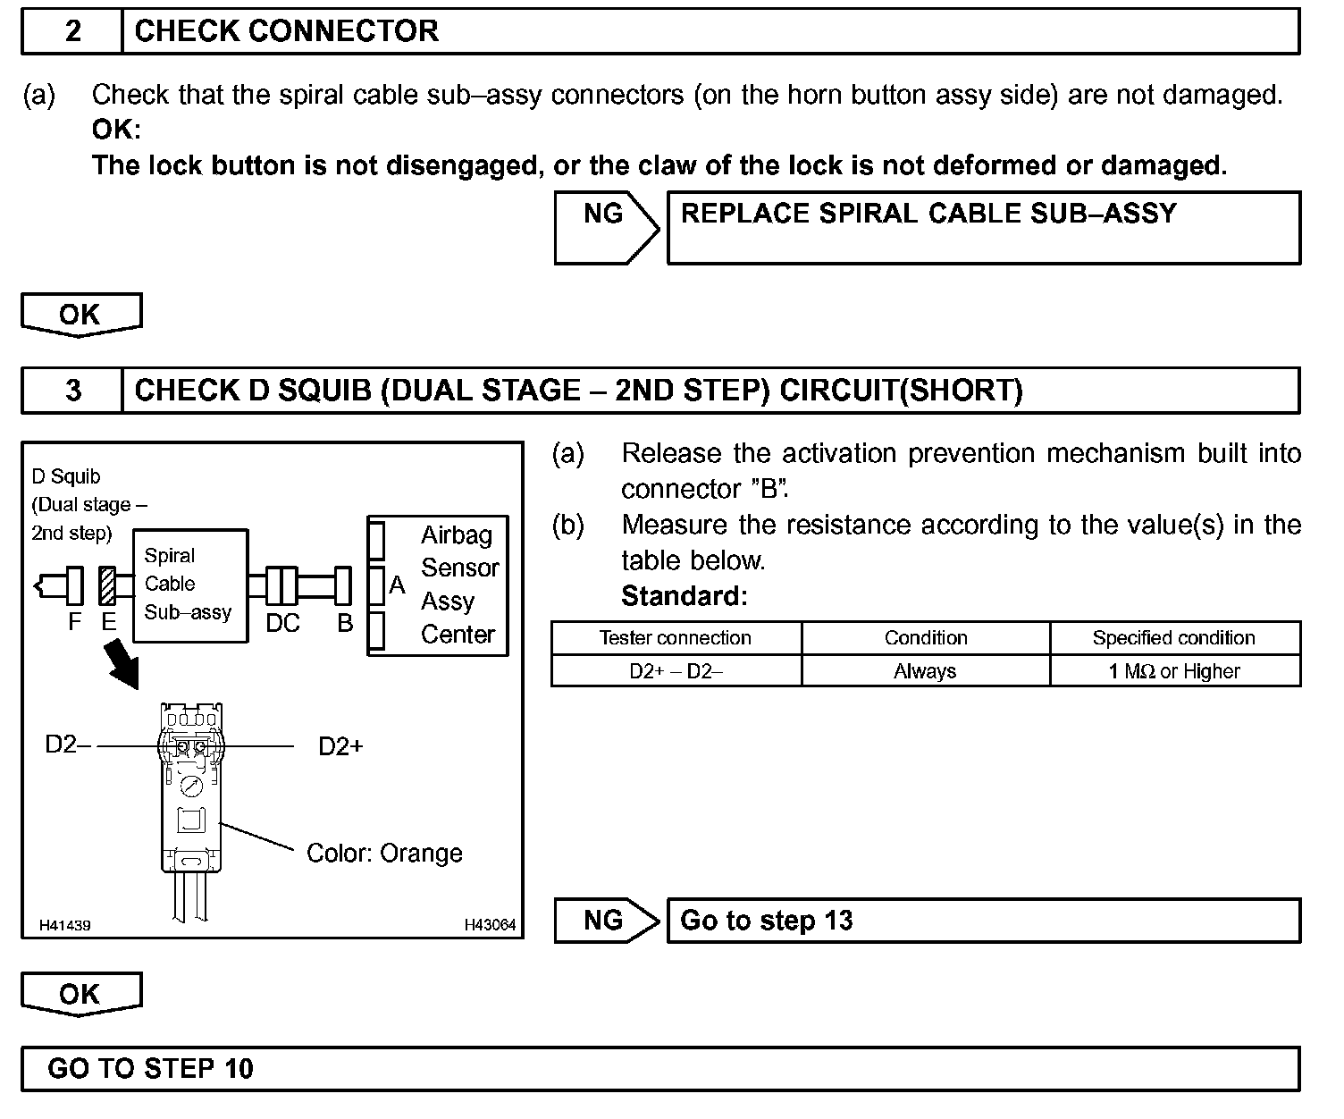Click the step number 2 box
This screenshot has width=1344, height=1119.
pyautogui.click(x=72, y=31)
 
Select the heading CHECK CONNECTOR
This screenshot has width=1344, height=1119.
pyautogui.click(x=286, y=31)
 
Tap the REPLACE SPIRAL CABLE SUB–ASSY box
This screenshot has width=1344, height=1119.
pyautogui.click(x=983, y=227)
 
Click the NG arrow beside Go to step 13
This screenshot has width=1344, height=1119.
pyautogui.click(x=606, y=921)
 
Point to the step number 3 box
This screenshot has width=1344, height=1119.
pyautogui.click(x=72, y=391)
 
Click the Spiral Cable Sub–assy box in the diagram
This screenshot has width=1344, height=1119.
pyautogui.click(x=189, y=585)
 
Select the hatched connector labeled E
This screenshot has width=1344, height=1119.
pyautogui.click(x=108, y=586)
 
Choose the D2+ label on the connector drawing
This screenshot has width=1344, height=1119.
pyautogui.click(x=340, y=746)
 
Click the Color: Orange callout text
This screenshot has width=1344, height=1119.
pyautogui.click(x=384, y=854)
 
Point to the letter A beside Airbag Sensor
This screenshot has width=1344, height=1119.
pyautogui.click(x=397, y=586)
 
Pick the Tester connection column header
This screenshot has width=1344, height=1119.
pyautogui.click(x=676, y=638)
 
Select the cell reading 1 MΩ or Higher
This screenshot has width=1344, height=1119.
pyautogui.click(x=1174, y=671)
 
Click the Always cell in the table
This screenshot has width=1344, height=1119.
pyautogui.click(x=925, y=671)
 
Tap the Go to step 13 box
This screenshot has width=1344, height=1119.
pyautogui.click(x=983, y=921)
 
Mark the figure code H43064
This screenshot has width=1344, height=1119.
pyautogui.click(x=490, y=925)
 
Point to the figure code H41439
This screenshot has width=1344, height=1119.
pyautogui.click(x=64, y=925)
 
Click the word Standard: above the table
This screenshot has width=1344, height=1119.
pyautogui.click(x=684, y=595)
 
